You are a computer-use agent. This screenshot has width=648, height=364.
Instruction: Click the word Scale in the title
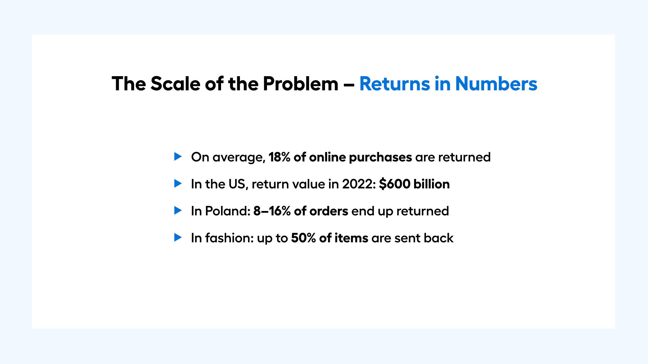[175, 84]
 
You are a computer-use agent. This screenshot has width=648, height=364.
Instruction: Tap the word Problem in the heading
[300, 84]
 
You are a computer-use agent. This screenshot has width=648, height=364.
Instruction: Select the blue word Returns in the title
[395, 84]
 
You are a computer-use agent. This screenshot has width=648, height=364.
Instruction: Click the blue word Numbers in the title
[496, 84]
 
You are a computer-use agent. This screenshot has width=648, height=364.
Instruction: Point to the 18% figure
[279, 157]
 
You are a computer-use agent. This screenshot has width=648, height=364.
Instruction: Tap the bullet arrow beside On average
[178, 156]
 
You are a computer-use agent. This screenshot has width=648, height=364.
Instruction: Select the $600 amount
[395, 184]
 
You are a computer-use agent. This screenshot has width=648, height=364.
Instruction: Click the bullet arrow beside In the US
[178, 183]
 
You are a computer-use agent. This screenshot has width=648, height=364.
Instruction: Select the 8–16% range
[272, 211]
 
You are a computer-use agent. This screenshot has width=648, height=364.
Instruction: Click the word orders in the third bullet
[329, 211]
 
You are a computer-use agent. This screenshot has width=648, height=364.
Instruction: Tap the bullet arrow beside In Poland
[178, 210]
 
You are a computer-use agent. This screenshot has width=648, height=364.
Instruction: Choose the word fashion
[229, 238]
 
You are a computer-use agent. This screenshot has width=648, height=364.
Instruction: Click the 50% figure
[303, 238]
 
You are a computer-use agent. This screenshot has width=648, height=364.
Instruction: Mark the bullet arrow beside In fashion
[178, 237]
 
